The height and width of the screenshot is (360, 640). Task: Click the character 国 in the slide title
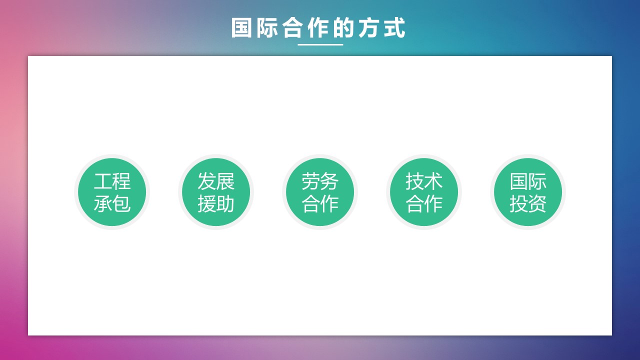(x=241, y=27)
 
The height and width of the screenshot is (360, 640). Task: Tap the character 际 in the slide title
(x=267, y=27)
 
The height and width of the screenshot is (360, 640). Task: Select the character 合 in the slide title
(x=292, y=27)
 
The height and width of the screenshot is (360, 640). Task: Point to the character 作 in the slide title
(x=318, y=27)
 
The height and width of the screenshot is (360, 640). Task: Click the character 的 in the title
(x=343, y=27)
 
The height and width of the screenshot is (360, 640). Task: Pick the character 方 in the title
(x=369, y=27)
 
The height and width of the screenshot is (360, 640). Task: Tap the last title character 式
(x=394, y=27)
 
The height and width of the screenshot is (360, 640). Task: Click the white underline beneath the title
(x=320, y=44)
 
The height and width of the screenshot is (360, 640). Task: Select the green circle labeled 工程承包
(x=112, y=192)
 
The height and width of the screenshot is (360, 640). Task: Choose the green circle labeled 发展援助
(x=216, y=192)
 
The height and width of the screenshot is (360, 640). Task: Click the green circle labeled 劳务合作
(x=320, y=192)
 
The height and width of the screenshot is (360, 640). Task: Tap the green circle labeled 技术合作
(x=424, y=192)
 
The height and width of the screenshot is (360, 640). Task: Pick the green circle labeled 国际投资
(x=528, y=192)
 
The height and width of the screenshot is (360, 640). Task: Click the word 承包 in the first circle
(x=112, y=203)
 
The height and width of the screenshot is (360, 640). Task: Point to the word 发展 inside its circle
(x=216, y=181)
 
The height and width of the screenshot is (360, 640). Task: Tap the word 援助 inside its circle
(x=216, y=203)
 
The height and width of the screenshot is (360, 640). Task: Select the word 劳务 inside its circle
(x=320, y=181)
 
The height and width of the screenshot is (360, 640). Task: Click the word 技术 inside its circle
(x=424, y=181)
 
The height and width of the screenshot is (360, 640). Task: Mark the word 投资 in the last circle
(x=528, y=203)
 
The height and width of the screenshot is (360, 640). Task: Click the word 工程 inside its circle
(x=112, y=181)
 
